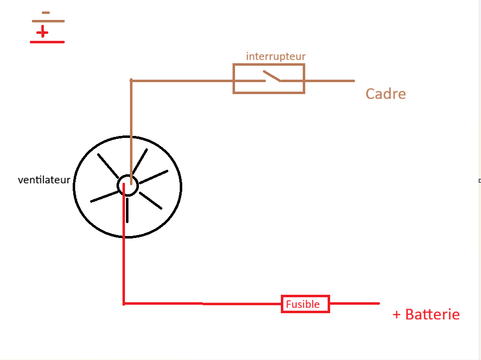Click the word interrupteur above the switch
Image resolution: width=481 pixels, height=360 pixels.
pyautogui.click(x=275, y=56)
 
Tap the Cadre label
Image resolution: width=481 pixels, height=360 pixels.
pyautogui.click(x=385, y=94)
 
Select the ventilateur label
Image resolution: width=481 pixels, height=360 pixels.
pyautogui.click(x=44, y=180)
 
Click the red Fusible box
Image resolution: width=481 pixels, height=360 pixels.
pyautogui.click(x=305, y=304)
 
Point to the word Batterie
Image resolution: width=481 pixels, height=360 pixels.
pyautogui.click(x=432, y=315)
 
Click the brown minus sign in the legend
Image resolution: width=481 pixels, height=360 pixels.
pyautogui.click(x=46, y=12)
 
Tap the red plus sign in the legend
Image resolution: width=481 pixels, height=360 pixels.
pyautogui.click(x=43, y=32)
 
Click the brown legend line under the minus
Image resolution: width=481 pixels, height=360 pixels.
pyautogui.click(x=48, y=21)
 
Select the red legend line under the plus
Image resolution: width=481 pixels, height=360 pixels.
pyautogui.click(x=47, y=42)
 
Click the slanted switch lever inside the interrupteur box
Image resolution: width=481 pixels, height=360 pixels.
pyautogui.click(x=272, y=76)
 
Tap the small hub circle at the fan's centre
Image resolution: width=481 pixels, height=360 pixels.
pyautogui.click(x=127, y=186)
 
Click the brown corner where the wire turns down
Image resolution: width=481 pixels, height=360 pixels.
pyautogui.click(x=131, y=80)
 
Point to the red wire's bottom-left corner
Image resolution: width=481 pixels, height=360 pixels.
pyautogui.click(x=123, y=303)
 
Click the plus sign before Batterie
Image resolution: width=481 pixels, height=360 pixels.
pyautogui.click(x=397, y=315)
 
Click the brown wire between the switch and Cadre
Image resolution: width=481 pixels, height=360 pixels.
pyautogui.click(x=329, y=80)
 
